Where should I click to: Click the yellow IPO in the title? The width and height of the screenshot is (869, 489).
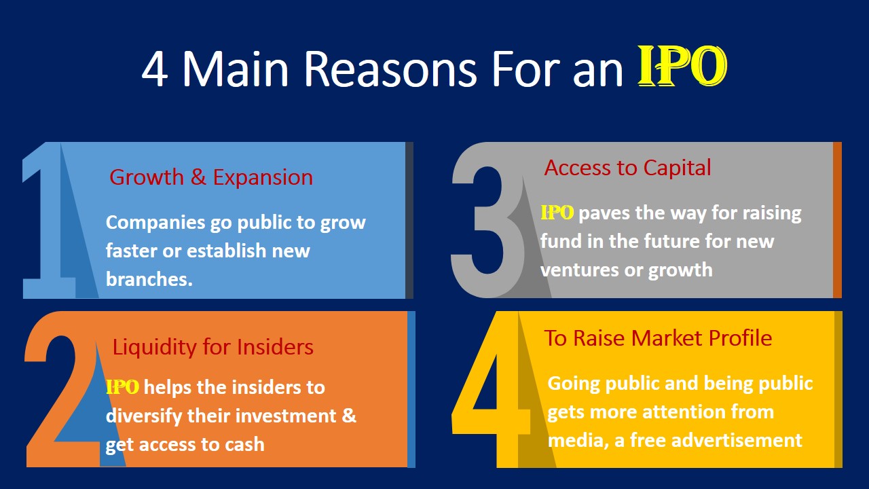pyautogui.click(x=682, y=68)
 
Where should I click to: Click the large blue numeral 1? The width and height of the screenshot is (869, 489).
pyautogui.click(x=51, y=224)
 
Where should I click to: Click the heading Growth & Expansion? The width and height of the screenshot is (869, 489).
pyautogui.click(x=211, y=177)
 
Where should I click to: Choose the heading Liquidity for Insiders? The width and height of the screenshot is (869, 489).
pyautogui.click(x=212, y=347)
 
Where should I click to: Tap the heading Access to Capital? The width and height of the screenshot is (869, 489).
pyautogui.click(x=627, y=168)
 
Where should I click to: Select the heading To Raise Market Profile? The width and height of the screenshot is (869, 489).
pyautogui.click(x=658, y=338)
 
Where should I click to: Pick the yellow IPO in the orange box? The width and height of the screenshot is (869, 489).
pyautogui.click(x=123, y=387)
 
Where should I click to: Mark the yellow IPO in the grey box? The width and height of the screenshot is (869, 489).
pyautogui.click(x=557, y=213)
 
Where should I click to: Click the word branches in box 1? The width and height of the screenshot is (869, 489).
pyautogui.click(x=149, y=279)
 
